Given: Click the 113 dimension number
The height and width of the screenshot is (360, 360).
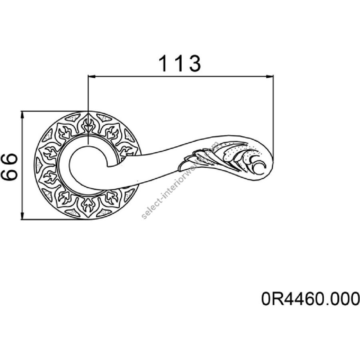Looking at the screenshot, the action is (180, 63).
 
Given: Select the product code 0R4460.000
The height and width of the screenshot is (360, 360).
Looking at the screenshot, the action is (310, 299).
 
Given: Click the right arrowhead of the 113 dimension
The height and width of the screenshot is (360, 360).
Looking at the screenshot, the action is (270, 76).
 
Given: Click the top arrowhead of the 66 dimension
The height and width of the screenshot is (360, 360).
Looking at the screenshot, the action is (22, 115).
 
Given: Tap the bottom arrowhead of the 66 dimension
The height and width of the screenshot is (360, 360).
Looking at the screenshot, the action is (22, 216).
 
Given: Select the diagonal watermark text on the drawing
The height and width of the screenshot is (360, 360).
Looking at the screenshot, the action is (180, 180).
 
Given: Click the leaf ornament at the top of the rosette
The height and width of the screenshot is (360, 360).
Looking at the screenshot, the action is (88, 125).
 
